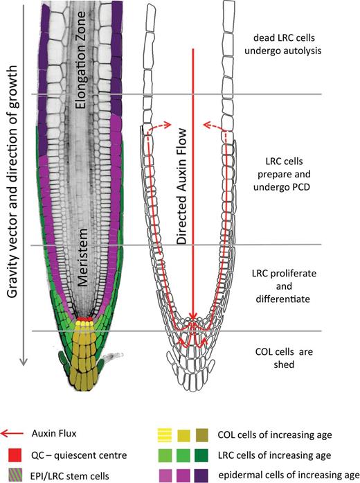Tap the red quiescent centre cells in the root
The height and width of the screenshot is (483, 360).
(x=84, y=321)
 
